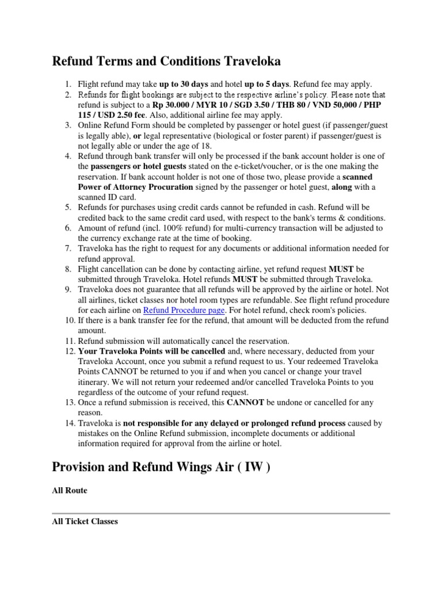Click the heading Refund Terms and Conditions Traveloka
pyautogui.click(x=166, y=61)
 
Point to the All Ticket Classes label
pyautogui.click(x=85, y=521)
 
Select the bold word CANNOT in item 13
pyautogui.click(x=246, y=402)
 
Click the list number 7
pyautogui.click(x=68, y=248)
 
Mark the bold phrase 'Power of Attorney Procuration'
pyautogui.click(x=135, y=188)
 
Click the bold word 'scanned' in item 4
pyautogui.click(x=357, y=177)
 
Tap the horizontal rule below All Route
pyautogui.click(x=221, y=512)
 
